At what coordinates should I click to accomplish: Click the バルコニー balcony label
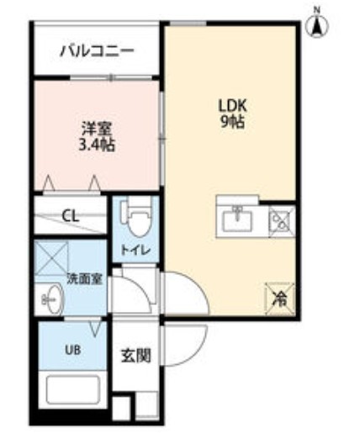click(x=97, y=52)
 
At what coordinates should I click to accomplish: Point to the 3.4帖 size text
click(x=97, y=145)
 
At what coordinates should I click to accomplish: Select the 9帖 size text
click(x=232, y=122)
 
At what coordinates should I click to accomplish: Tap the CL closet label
click(x=71, y=216)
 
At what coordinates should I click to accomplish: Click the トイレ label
click(x=130, y=250)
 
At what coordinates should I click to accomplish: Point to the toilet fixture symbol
click(x=137, y=219)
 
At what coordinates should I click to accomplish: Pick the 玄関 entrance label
click(x=139, y=355)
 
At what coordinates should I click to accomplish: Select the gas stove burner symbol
click(x=279, y=221)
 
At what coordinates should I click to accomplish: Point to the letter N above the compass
click(x=318, y=8)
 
